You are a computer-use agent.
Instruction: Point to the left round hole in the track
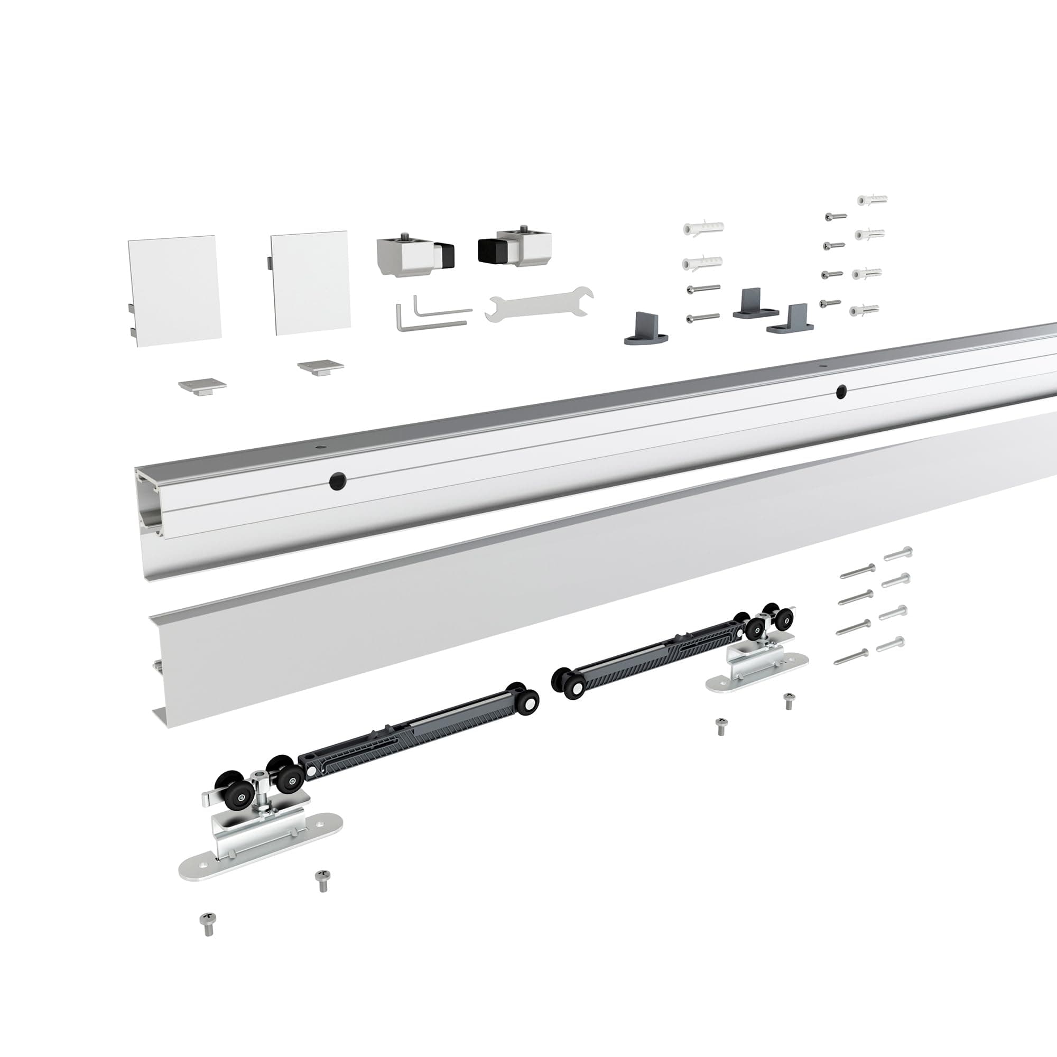[338, 481]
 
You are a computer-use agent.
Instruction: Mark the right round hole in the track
[841, 391]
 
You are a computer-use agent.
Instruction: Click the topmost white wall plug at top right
[871, 200]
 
